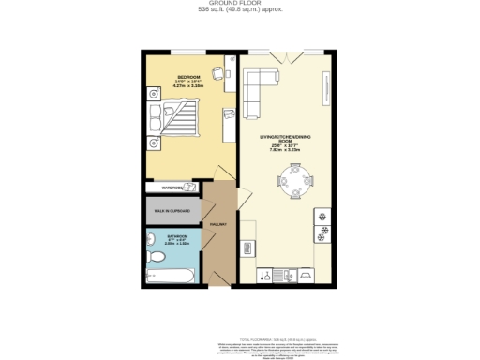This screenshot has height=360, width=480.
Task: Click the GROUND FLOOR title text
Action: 239,5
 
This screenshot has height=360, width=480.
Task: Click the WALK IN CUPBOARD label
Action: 172,211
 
